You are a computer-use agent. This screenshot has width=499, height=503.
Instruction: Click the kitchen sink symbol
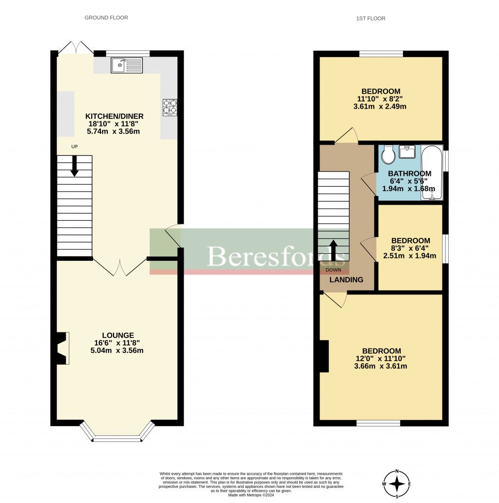point(126,65)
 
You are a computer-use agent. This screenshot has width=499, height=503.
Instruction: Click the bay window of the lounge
point(117,432)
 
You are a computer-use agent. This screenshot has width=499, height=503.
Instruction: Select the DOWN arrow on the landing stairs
point(334,251)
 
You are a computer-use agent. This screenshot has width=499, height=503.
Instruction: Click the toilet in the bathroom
point(389,155)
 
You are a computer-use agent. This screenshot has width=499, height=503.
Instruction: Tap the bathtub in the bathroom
point(432,173)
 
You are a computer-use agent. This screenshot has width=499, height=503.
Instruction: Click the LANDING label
point(346,280)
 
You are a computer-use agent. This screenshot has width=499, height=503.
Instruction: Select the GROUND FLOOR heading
point(106,18)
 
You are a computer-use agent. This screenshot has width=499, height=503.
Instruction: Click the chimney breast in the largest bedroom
point(324,356)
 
